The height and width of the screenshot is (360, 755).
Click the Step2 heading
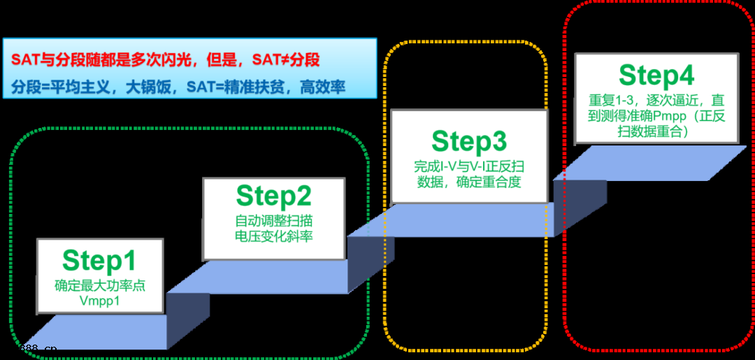[x=273, y=196]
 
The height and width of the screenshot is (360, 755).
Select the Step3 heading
[x=468, y=141]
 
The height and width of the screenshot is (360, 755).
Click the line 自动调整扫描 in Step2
[x=273, y=221]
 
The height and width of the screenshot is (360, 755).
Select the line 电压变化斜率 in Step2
[x=273, y=236]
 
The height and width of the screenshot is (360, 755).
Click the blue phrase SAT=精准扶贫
[x=238, y=87]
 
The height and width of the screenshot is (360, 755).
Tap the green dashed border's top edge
[x=189, y=128]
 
